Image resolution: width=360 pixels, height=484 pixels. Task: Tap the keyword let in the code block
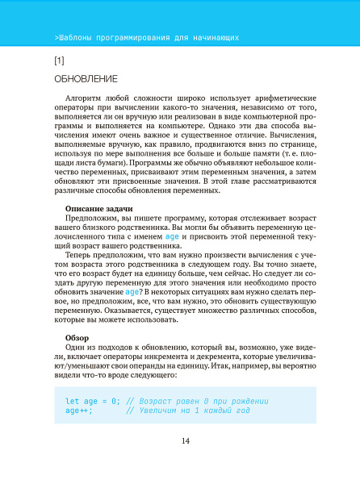72,401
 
